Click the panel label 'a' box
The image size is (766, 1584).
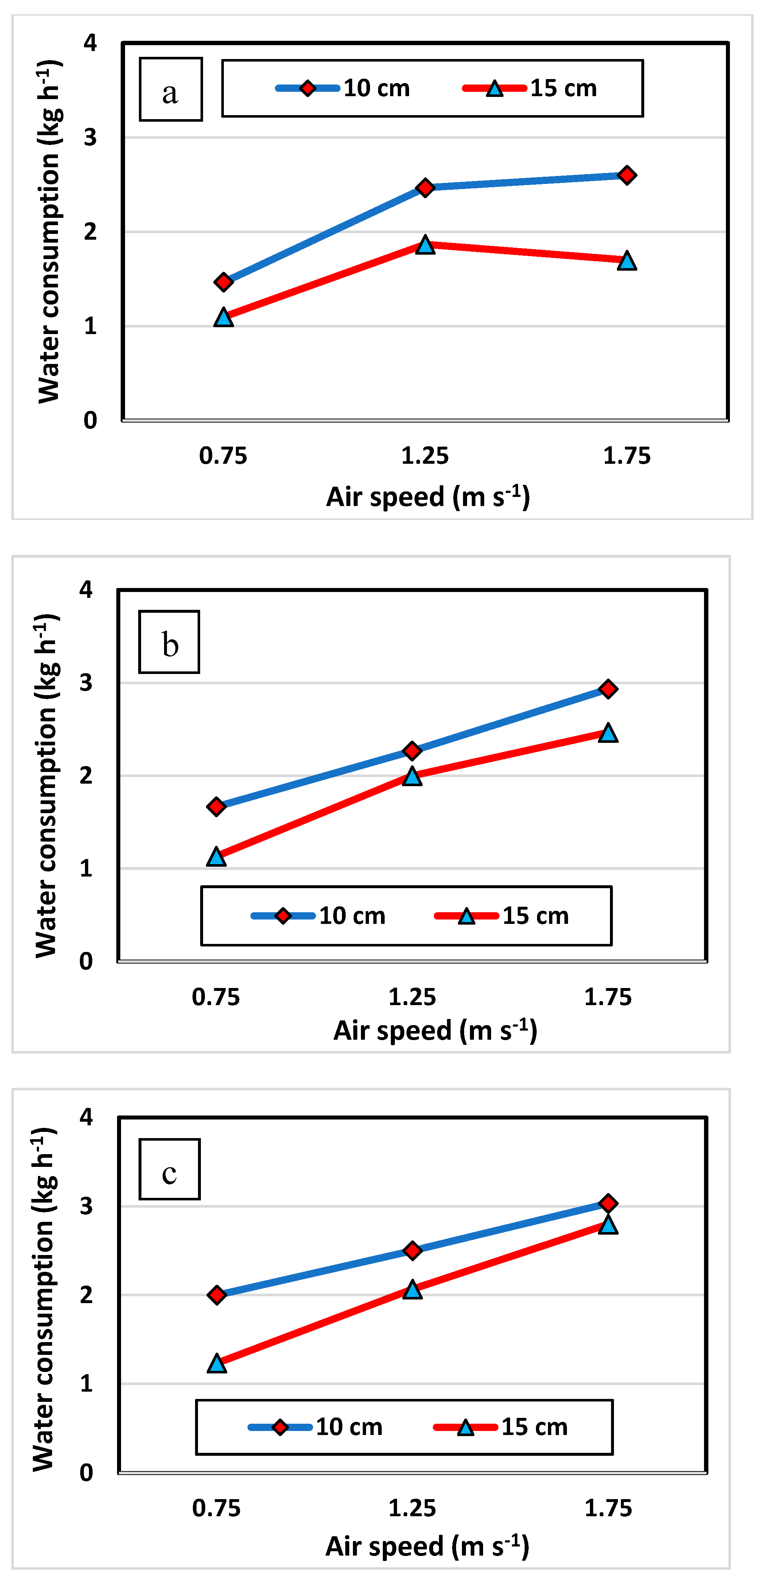[170, 90]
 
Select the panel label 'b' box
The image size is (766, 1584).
[169, 642]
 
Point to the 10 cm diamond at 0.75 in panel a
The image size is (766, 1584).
[223, 282]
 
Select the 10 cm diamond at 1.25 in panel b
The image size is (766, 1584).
[412, 751]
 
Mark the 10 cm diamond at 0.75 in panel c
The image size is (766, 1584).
[217, 1294]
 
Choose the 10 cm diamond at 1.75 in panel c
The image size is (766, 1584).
[608, 1203]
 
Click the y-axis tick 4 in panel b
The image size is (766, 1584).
[86, 590]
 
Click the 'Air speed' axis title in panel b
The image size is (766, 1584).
[435, 1031]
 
